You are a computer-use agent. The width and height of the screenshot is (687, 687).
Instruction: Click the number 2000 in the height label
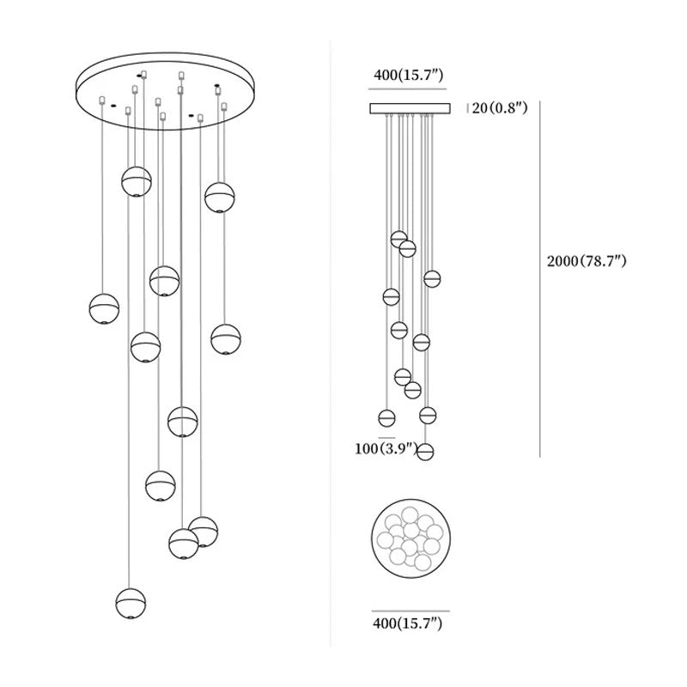[x=563, y=261]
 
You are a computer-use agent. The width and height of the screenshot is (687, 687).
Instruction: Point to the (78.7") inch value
[x=605, y=261]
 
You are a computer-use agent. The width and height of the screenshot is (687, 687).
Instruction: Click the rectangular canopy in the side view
[x=410, y=108]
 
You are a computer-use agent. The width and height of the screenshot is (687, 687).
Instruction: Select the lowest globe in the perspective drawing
[x=131, y=603]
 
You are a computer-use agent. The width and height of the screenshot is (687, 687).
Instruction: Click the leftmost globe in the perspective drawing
[x=104, y=308]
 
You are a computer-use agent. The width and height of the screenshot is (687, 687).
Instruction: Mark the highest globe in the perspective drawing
[x=136, y=181]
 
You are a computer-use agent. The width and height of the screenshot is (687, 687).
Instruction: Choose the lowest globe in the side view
[x=425, y=452]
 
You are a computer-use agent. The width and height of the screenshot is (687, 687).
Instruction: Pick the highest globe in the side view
[x=398, y=239]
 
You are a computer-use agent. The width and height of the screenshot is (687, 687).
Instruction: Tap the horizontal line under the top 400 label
[x=409, y=89]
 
